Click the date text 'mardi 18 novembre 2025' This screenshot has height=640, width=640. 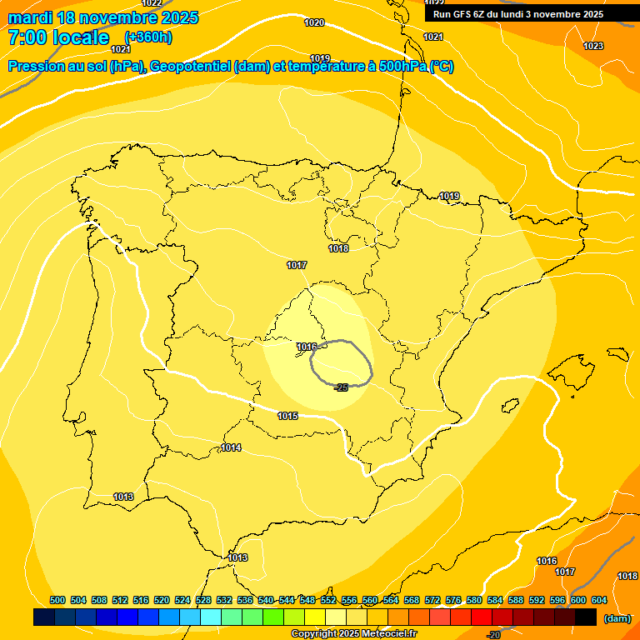pyautogui.click(x=102, y=17)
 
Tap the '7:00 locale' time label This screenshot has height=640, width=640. pyautogui.click(x=58, y=37)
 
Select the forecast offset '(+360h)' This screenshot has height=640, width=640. pyautogui.click(x=148, y=37)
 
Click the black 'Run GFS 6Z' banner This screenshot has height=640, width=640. pyautogui.click(x=518, y=13)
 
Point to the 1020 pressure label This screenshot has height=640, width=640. pyautogui.click(x=314, y=22)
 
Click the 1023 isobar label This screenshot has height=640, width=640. pyautogui.click(x=593, y=46)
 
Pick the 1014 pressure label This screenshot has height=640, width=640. pyautogui.click(x=231, y=447)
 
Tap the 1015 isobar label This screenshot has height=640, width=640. pyautogui.click(x=287, y=416)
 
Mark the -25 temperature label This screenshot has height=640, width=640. pyautogui.click(x=340, y=387)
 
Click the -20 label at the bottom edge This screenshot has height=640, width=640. pyautogui.click(x=493, y=635)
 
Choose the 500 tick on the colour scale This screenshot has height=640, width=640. pyautogui.click(x=57, y=600)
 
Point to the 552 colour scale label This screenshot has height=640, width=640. pyautogui.click(x=328, y=600)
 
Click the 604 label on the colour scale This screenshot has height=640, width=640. pyautogui.click(x=598, y=600)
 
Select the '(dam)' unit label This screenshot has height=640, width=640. pyautogui.click(x=617, y=618)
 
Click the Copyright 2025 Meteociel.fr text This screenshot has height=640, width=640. pyautogui.click(x=353, y=634)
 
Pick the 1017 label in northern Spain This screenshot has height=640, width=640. pyautogui.click(x=297, y=265)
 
